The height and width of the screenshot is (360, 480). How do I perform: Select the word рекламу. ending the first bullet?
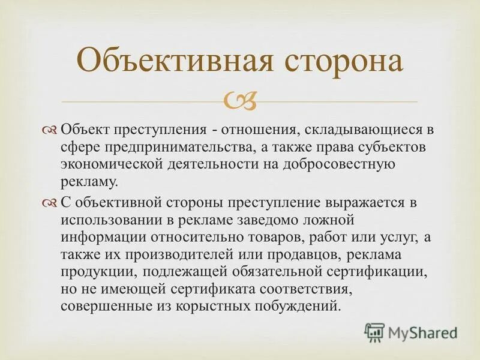click(89, 181)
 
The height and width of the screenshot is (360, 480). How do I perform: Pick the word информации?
click(100, 237)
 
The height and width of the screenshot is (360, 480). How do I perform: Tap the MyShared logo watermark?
click(411, 332)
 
